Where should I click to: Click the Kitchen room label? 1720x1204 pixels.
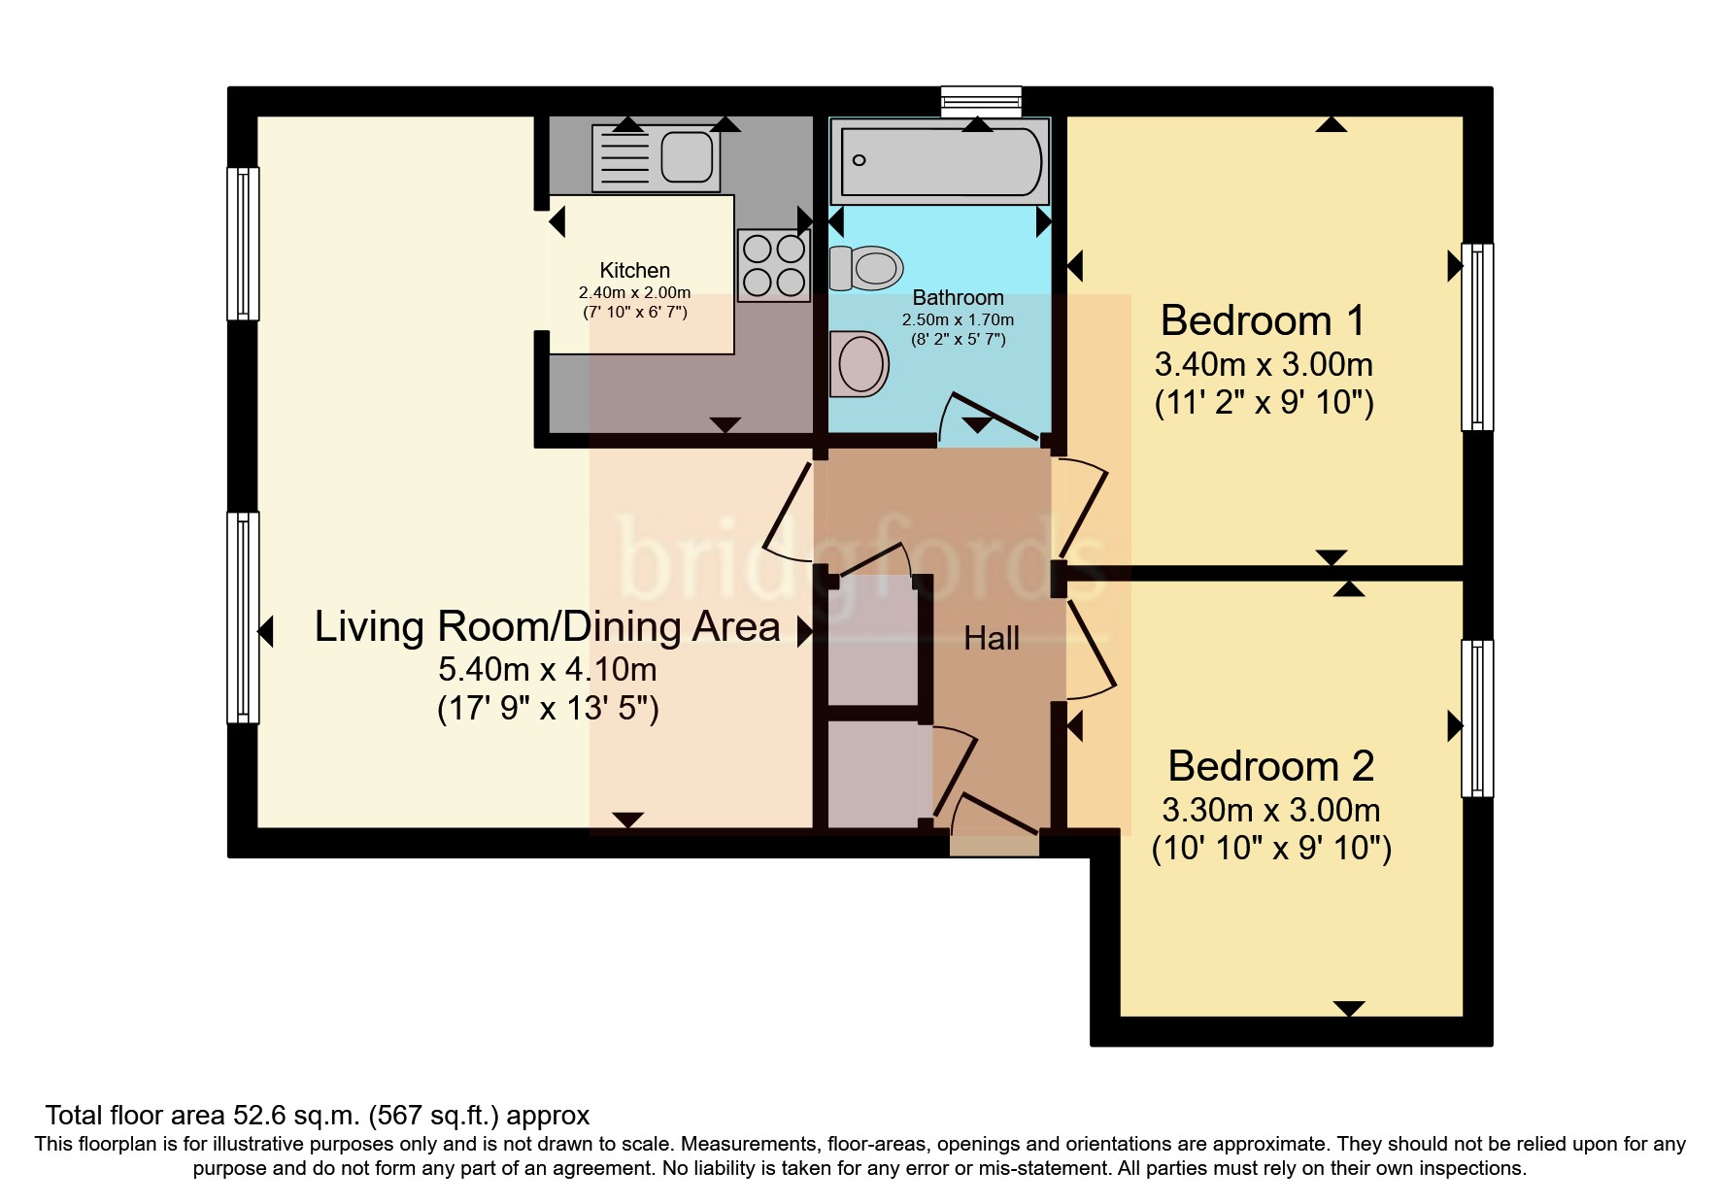(x=634, y=271)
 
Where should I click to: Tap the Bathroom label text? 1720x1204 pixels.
(x=958, y=298)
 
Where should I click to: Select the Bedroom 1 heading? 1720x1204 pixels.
(x=1263, y=320)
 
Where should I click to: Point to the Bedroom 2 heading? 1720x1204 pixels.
(x=1270, y=766)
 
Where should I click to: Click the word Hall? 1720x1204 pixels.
(x=992, y=638)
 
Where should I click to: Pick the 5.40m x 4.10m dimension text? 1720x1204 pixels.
(x=548, y=669)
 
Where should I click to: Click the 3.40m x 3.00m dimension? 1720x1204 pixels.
(x=1264, y=365)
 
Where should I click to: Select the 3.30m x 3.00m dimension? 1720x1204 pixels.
(x=1271, y=810)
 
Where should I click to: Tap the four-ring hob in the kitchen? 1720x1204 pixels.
(x=774, y=265)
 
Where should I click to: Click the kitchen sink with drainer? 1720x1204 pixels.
(x=657, y=157)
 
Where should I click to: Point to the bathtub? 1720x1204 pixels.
(x=940, y=160)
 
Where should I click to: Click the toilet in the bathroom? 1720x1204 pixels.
(x=866, y=268)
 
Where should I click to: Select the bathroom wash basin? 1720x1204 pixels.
(x=860, y=364)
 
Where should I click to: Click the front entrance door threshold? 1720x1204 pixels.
(x=995, y=847)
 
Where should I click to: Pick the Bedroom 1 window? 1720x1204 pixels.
(x=1477, y=336)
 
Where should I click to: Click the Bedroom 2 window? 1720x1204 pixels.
(x=1477, y=719)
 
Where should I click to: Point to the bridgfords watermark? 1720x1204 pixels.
(x=860, y=559)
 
